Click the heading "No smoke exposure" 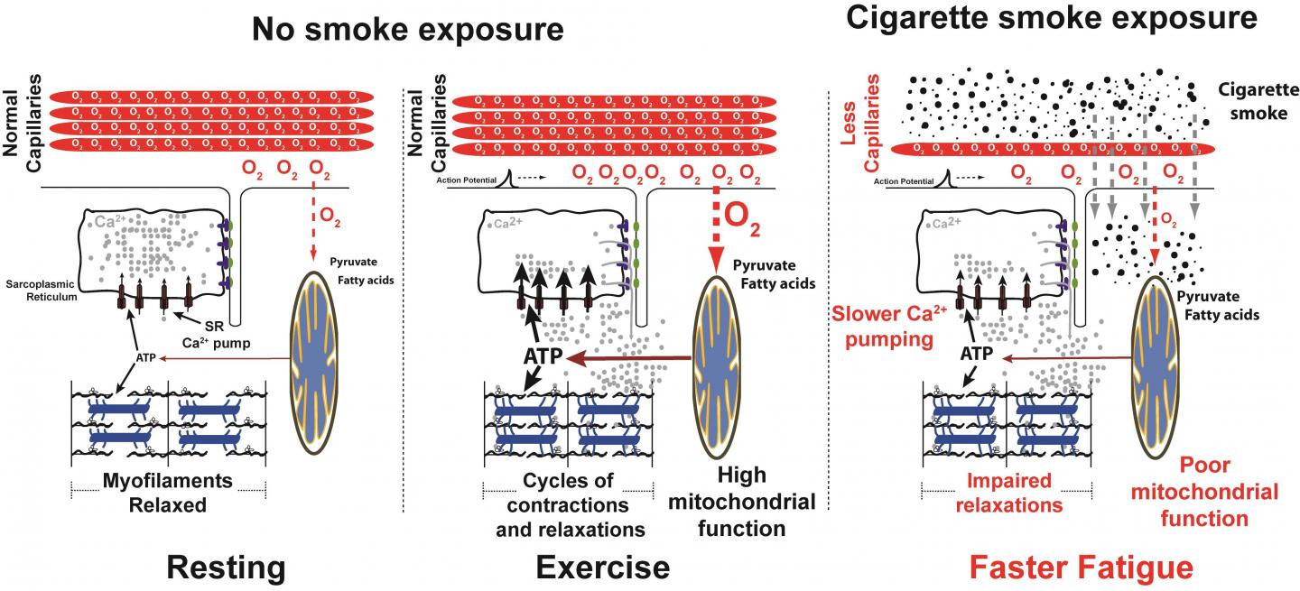(x=407, y=30)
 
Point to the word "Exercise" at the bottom (x=602, y=568)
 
